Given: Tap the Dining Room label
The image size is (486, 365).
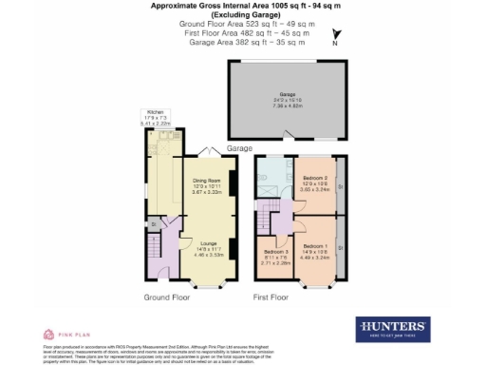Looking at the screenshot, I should (207, 180).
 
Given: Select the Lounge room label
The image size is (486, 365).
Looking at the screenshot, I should (209, 244).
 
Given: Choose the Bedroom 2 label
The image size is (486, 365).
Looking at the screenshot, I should (315, 178).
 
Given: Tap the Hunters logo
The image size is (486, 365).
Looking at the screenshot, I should (392, 329).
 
